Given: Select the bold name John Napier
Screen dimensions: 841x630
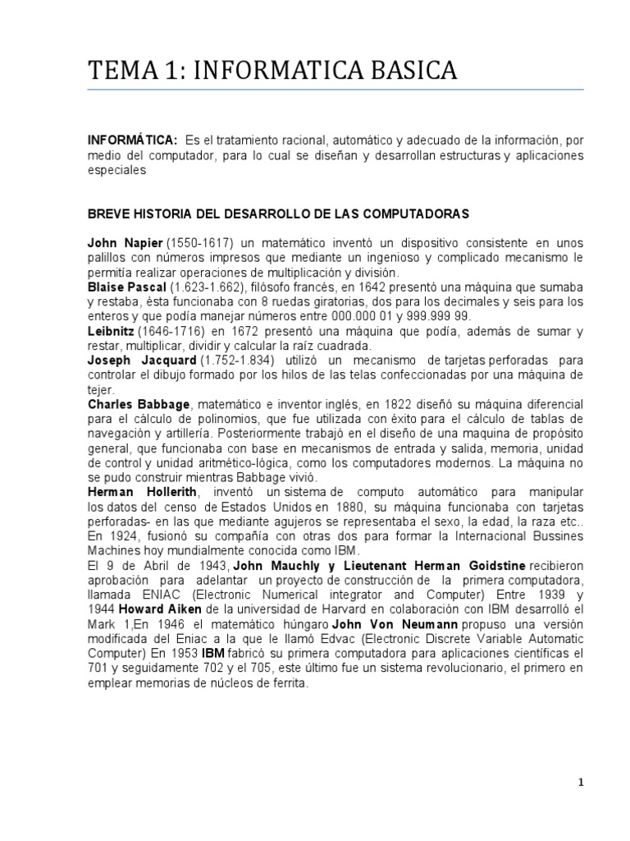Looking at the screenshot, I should [x=126, y=244].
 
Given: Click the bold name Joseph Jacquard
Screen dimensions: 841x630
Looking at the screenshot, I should [x=142, y=361].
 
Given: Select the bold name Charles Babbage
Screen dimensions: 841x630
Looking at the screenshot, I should [x=139, y=405].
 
